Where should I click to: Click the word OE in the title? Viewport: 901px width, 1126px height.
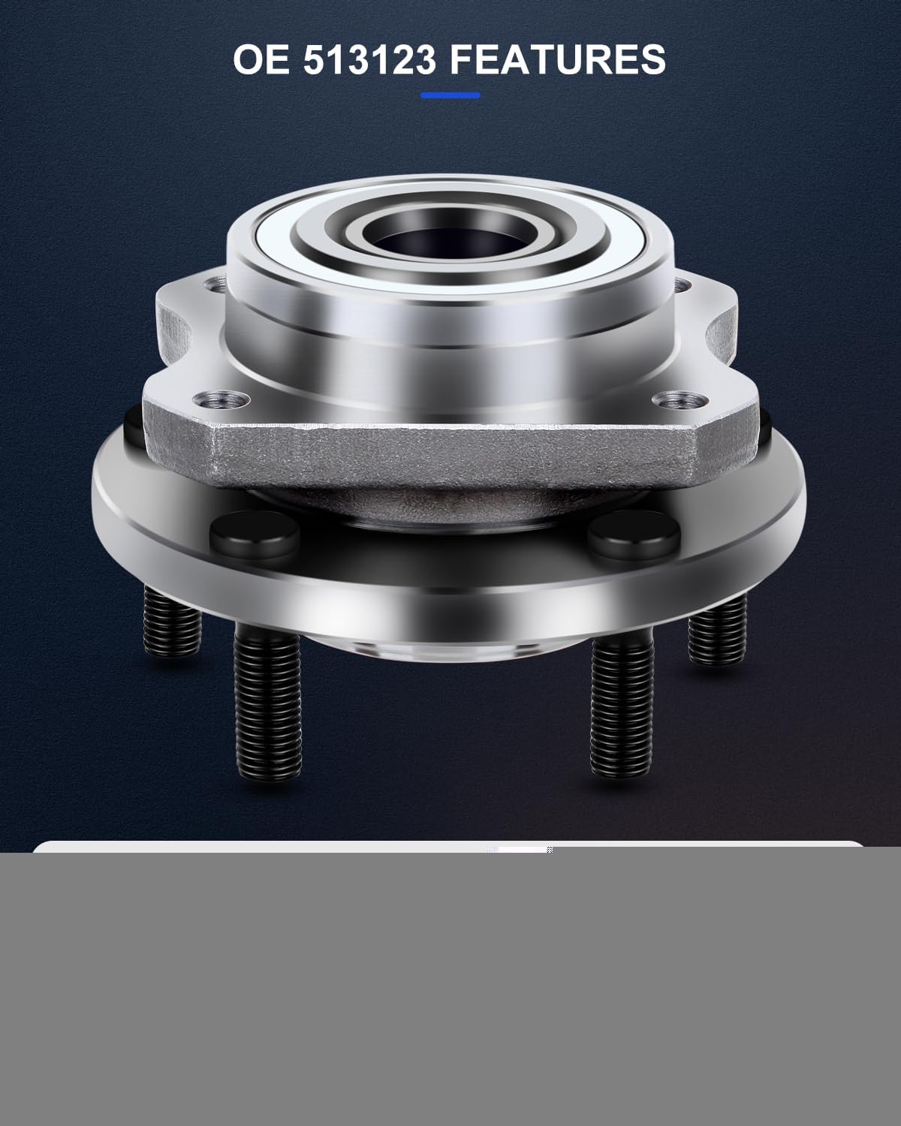261,59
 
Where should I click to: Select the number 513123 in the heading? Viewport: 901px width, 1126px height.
369,59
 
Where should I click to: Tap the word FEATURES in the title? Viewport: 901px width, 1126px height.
558,59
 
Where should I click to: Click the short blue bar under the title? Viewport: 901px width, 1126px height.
450,95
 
